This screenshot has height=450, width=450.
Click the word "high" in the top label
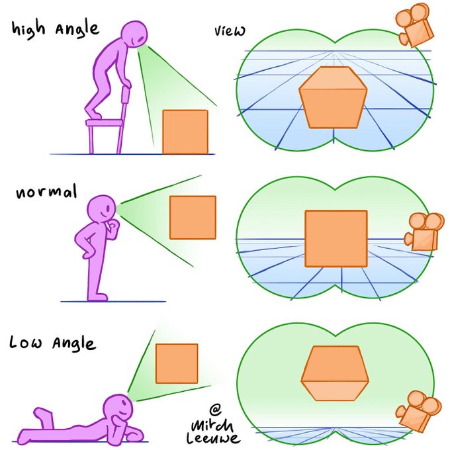[x=28, y=30]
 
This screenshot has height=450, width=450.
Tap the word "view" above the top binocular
[x=230, y=30]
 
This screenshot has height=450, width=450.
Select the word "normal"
[x=47, y=191]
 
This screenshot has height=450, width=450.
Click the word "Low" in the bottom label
[x=26, y=342]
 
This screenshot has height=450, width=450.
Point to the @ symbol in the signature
[x=215, y=410]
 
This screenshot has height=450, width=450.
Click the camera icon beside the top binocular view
[x=414, y=25]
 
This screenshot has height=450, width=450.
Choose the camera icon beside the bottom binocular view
[x=418, y=411]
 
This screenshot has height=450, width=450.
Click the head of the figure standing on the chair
[x=134, y=34]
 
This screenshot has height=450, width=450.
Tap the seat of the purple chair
[x=105, y=123]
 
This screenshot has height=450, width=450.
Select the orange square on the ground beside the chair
[x=185, y=132]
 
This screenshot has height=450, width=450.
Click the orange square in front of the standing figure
[x=193, y=218]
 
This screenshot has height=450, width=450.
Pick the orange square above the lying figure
[x=177, y=363]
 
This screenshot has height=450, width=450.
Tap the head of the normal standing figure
[x=101, y=208]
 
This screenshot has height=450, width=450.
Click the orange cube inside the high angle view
[x=333, y=97]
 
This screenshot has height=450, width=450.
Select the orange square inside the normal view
[x=336, y=239]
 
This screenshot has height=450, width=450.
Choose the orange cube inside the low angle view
[x=335, y=373]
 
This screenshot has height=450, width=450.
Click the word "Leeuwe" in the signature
[x=212, y=438]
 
